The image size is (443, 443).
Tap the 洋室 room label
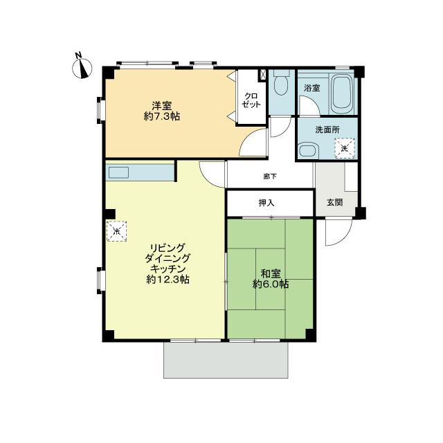(162, 106)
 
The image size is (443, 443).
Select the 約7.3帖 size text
(162, 117)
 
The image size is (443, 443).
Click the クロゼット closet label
(251, 100)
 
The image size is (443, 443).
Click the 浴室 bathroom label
(312, 89)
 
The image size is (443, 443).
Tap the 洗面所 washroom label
(327, 129)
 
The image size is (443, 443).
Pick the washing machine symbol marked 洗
(344, 147)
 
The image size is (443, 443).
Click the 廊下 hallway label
(270, 176)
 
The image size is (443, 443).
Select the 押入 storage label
(266, 203)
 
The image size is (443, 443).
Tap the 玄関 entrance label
(334, 203)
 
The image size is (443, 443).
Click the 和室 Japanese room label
(271, 273)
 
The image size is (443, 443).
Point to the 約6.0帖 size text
(271, 284)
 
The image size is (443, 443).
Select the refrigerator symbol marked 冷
(117, 230)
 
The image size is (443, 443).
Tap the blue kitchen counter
(138, 172)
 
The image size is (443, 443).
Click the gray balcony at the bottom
(226, 359)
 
